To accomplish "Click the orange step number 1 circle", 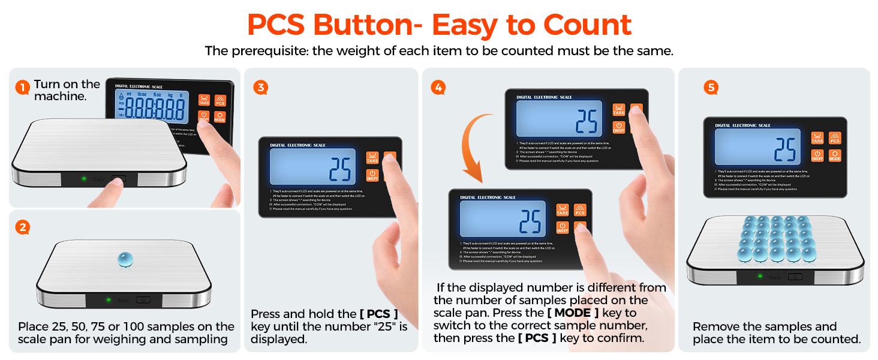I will click(x=22, y=88).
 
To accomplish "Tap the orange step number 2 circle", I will click(x=22, y=228).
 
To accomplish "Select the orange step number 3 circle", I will click(x=260, y=88).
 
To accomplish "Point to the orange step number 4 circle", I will click(x=438, y=88).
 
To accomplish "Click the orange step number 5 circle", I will click(x=711, y=88).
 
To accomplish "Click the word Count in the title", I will click(x=588, y=25).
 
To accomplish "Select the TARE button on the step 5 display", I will click(x=817, y=137).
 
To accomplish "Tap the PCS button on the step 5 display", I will click(x=834, y=137).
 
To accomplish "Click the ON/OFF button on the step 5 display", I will click(x=817, y=156).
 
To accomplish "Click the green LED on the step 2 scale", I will click(x=109, y=299).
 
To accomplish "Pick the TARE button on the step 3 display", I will click(x=372, y=158).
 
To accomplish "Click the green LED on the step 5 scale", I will click(x=760, y=276).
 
